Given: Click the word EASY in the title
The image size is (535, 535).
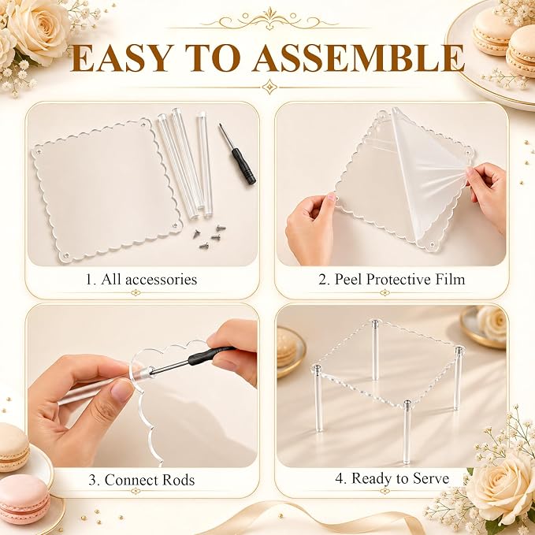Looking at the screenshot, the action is tap(120, 58).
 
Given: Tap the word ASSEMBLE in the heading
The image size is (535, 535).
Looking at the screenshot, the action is tap(359, 58).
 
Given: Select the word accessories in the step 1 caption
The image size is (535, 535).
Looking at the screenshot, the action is tap(161, 280).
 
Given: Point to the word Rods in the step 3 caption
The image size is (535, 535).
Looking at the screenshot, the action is tap(178, 480).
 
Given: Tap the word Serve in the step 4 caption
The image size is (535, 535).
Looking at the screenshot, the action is tap(431, 478).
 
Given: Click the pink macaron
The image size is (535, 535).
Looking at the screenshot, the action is tap(23, 499).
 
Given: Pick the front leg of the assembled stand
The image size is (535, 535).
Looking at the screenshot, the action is tap(407, 432).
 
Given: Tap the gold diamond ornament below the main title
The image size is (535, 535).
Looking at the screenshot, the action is tap(269, 87).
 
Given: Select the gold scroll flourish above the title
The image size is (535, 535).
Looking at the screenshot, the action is tap(269, 19).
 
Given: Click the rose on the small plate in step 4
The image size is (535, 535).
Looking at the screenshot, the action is tap(492, 323).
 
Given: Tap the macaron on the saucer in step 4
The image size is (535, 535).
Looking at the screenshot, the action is tap(287, 347).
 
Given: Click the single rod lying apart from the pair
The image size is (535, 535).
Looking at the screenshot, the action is tap(204, 165).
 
